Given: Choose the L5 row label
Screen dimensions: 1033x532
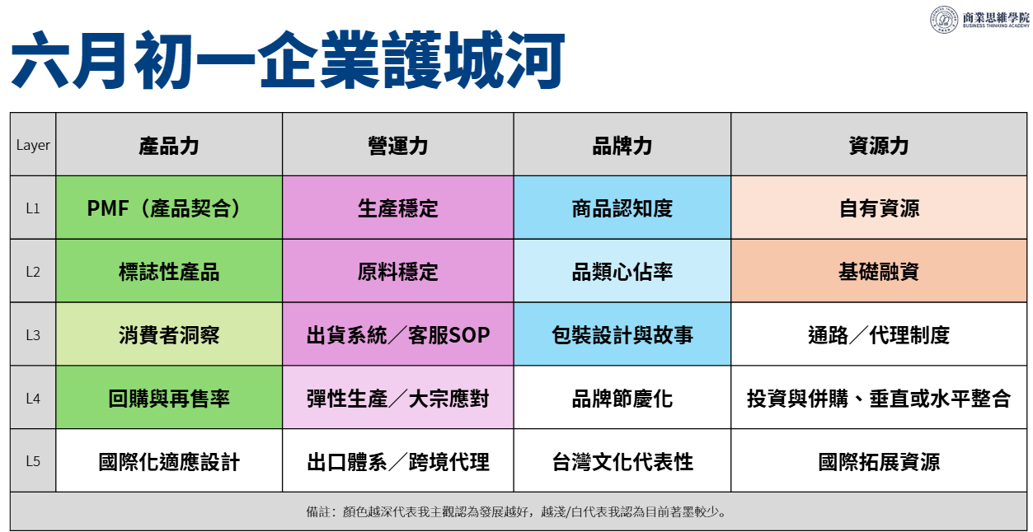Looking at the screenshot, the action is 33,461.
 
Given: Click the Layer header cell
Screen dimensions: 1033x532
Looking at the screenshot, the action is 33,145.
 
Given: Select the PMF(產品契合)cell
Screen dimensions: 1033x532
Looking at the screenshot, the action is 169,208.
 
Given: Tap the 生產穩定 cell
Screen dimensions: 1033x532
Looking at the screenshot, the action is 398,208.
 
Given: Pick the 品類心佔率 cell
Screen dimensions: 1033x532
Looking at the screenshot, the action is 622,272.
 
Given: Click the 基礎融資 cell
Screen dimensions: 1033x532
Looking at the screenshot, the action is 879,272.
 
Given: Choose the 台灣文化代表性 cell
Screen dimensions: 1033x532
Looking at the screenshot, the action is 622,461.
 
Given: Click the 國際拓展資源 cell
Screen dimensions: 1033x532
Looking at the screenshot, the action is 879,461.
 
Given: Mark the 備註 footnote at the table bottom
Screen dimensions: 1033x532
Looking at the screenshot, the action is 516,511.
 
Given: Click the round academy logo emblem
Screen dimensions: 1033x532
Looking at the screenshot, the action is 943,19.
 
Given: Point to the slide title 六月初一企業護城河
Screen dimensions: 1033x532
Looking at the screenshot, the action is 287,60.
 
